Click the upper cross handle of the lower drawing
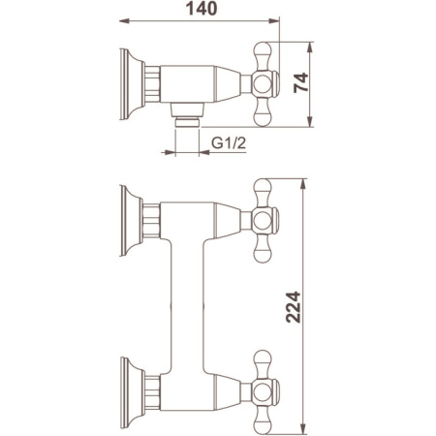(x=265, y=221)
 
